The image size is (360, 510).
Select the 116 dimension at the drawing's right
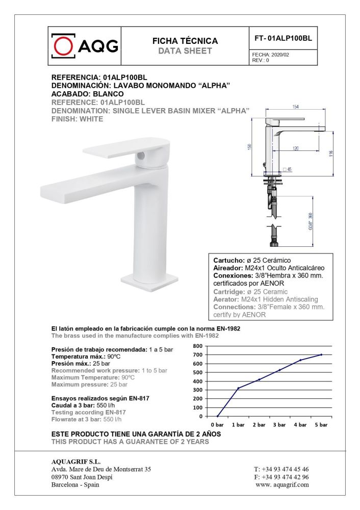tap(331, 152)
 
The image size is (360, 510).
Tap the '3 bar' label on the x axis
tap(279, 424)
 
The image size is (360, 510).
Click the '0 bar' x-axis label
tap(217, 424)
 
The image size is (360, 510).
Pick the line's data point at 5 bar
tap(321, 354)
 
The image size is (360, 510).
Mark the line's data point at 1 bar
tap(238, 388)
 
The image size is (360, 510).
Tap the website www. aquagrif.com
tap(282, 484)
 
